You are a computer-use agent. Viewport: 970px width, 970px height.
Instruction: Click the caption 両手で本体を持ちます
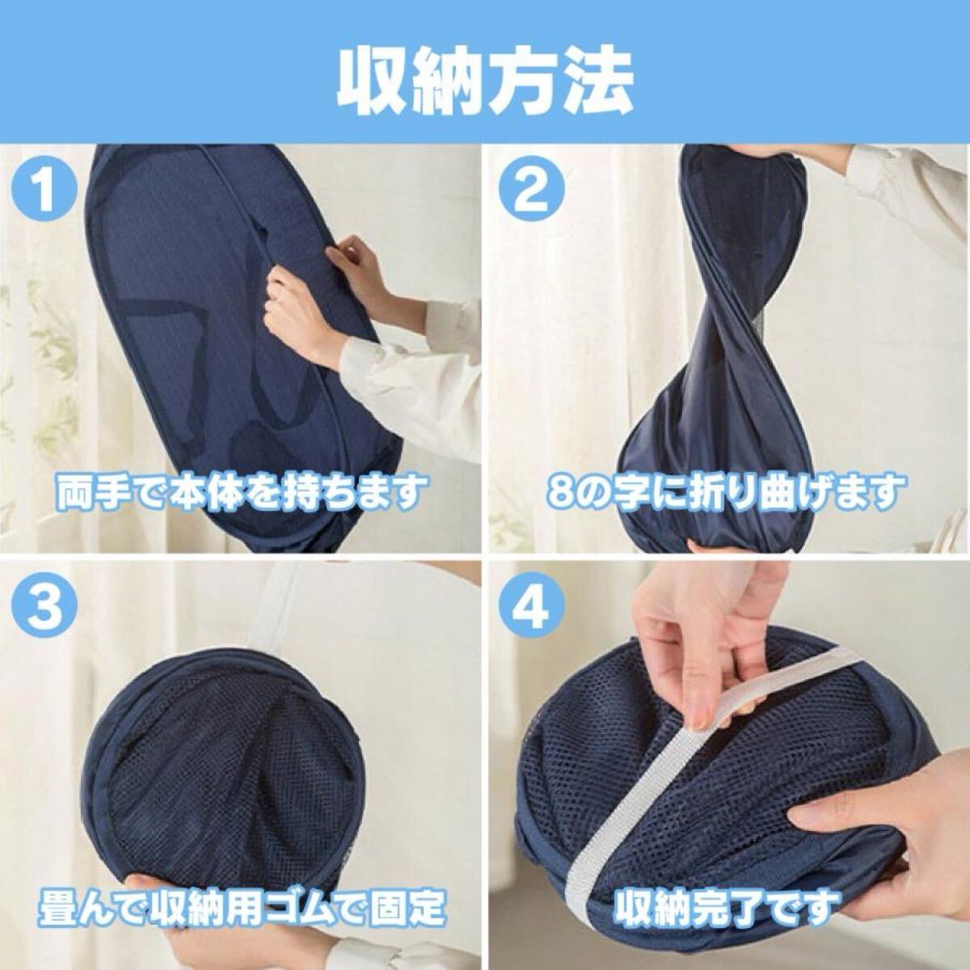coord(240,491)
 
